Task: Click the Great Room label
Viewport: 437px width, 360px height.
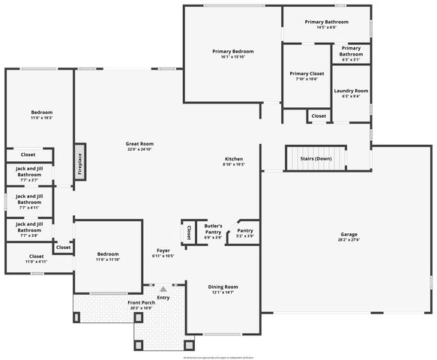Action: pos(139,143)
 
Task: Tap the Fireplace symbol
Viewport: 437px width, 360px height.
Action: pos(80,161)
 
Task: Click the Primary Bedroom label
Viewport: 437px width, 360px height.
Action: pos(232,51)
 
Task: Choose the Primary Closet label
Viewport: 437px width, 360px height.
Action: pos(307,73)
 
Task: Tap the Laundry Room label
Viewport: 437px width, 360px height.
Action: pos(351,91)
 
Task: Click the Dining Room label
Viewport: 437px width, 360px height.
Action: pos(223,286)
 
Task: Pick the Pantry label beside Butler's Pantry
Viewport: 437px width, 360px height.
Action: pos(245,230)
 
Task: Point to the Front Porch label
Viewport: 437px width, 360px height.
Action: pos(142,302)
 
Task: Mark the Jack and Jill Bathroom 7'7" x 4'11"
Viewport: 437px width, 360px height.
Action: pos(30,202)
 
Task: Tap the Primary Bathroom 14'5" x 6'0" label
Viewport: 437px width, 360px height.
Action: pos(326,22)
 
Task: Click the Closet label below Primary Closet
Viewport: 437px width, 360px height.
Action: pos(319,116)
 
